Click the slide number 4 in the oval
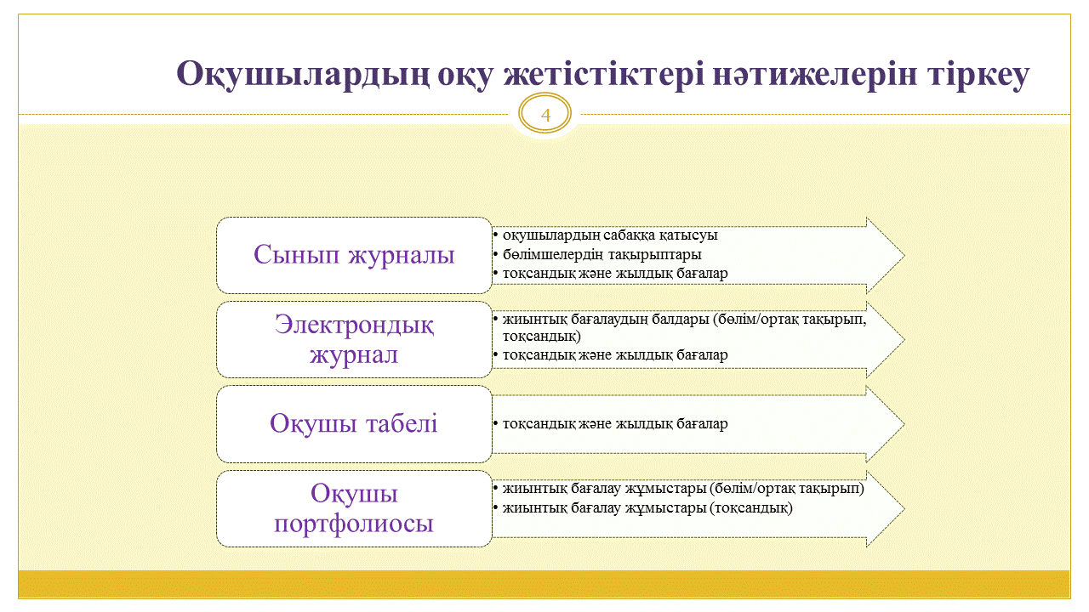click(x=545, y=116)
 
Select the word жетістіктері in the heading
click(x=603, y=74)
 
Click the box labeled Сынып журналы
click(x=354, y=256)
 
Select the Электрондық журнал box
click(x=354, y=339)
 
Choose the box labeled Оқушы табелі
click(x=354, y=424)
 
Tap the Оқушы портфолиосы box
click(x=354, y=508)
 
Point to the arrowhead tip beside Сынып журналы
click(x=904, y=256)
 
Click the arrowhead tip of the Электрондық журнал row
click(x=904, y=339)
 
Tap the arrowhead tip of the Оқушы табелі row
click(x=904, y=424)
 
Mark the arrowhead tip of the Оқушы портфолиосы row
click(x=904, y=508)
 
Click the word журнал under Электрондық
click(x=354, y=355)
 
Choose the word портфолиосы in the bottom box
click(x=354, y=524)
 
